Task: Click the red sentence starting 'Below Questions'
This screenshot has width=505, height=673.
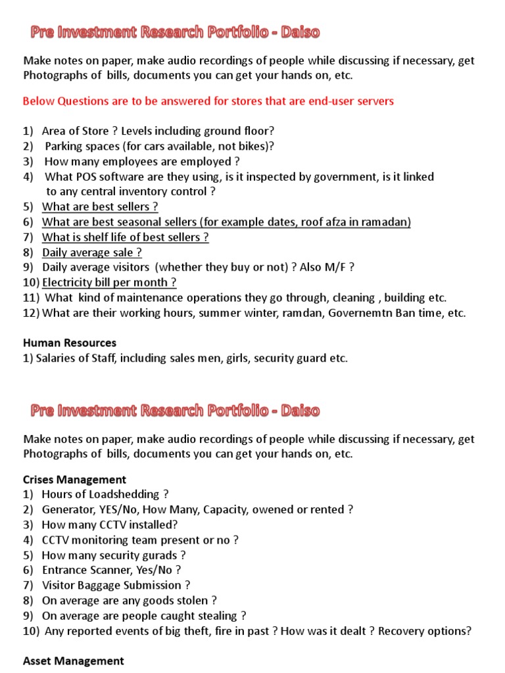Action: (x=208, y=101)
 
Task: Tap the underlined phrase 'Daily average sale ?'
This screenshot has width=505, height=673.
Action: (x=92, y=252)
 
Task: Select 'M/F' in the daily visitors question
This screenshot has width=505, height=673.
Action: (x=335, y=267)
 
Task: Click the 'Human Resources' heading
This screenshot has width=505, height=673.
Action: (x=70, y=342)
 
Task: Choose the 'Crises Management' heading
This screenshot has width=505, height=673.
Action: (x=74, y=479)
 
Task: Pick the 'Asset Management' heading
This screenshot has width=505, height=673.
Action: (x=73, y=661)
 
